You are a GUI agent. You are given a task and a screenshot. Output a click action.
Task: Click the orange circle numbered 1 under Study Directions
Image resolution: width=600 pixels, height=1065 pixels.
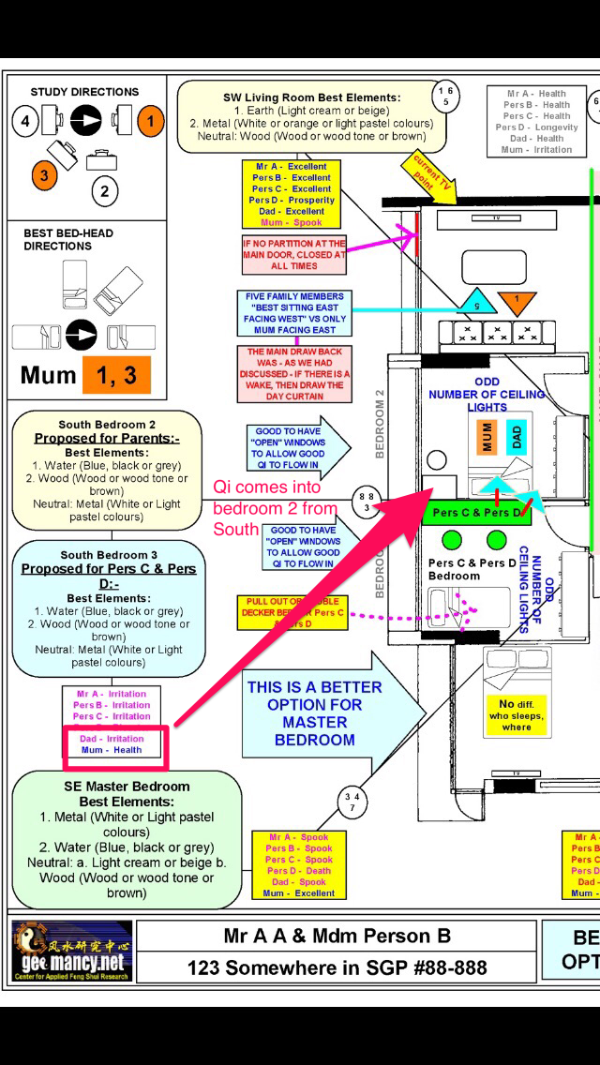pos(150,121)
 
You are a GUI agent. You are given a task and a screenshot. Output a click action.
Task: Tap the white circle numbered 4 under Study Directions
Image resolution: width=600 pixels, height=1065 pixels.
pos(26,121)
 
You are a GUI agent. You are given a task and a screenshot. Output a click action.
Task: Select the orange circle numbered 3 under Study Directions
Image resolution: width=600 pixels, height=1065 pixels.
pos(42,174)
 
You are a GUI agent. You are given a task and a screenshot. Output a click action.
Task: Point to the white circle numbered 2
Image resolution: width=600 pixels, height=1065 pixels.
pos(104,192)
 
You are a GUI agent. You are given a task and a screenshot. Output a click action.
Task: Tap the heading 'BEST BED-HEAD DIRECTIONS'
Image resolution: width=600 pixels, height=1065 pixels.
pos(58,239)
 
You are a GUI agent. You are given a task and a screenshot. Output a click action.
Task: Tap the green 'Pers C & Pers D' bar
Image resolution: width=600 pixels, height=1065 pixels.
pos(476,513)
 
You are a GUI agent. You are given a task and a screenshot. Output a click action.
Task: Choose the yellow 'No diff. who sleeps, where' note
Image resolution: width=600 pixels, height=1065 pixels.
pos(516,714)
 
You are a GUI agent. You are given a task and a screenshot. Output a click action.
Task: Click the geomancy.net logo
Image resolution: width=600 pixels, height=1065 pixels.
pos(72,951)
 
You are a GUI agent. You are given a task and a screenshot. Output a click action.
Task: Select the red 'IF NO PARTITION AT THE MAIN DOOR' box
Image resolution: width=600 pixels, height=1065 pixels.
pos(293,253)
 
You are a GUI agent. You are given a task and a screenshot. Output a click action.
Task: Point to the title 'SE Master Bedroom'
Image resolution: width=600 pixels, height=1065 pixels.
pos(127,787)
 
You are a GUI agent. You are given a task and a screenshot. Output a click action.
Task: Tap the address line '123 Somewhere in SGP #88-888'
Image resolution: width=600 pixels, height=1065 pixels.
pos(336,967)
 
